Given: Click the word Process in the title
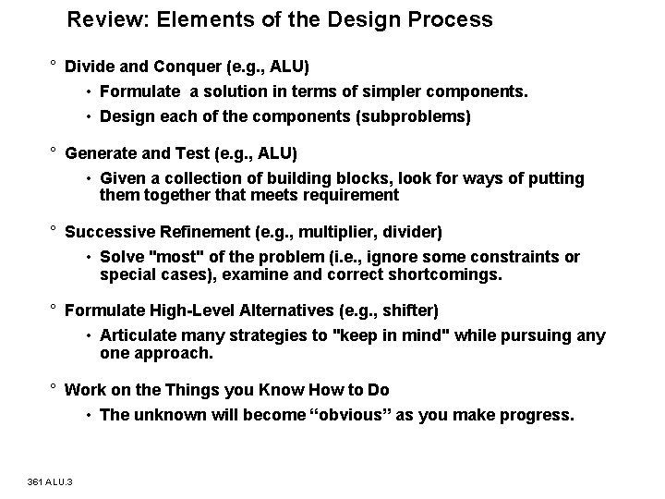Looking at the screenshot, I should point(455,19).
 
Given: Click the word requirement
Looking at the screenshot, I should point(347,195).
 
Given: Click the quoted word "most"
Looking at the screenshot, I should point(172,256).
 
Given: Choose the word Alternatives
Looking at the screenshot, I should point(263,310).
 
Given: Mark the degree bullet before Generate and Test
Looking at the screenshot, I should point(54,152).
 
